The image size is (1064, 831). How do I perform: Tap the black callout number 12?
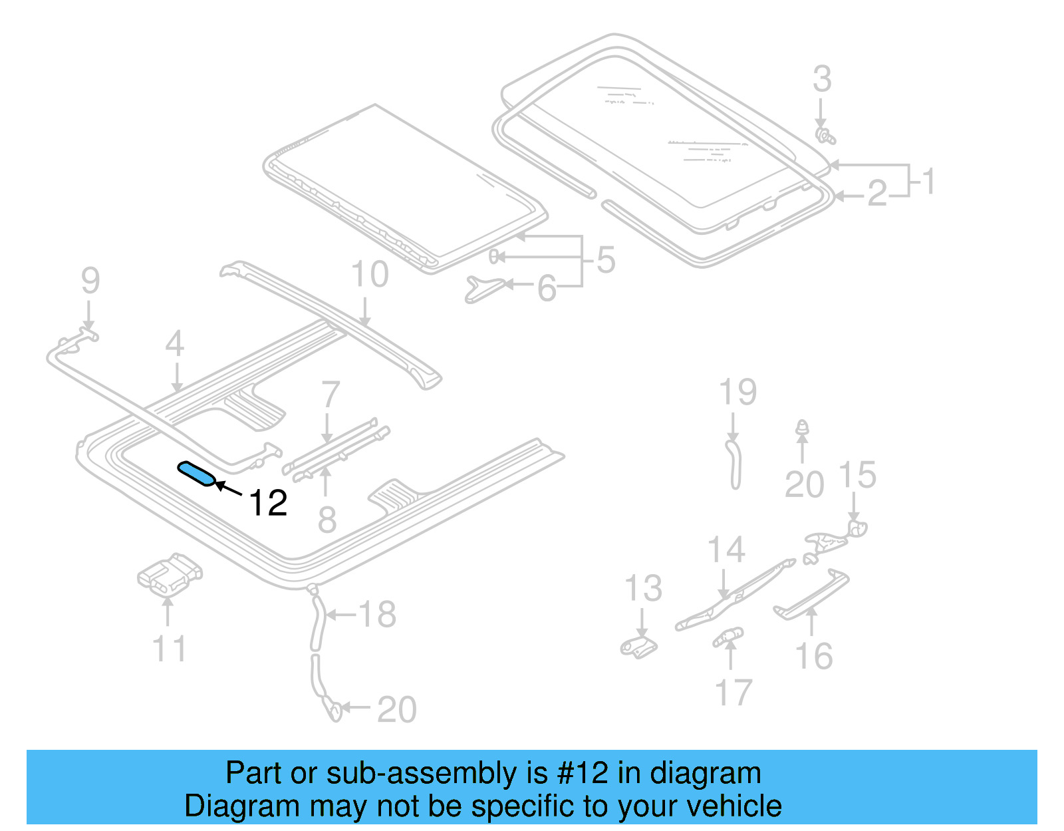click(x=268, y=503)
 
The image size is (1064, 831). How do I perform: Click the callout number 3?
click(x=822, y=79)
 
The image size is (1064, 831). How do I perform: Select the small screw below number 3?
click(x=825, y=136)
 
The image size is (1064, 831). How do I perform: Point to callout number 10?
click(x=370, y=275)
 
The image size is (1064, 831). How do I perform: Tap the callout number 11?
click(x=169, y=649)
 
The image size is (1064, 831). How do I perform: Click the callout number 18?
click(x=377, y=614)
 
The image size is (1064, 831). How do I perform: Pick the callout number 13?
click(x=643, y=588)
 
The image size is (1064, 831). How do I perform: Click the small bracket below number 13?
click(x=639, y=647)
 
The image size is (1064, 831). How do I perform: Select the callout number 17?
click(x=733, y=693)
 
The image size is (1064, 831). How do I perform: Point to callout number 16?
click(x=814, y=656)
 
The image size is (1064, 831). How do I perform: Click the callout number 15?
click(x=857, y=475)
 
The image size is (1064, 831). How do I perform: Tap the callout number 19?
click(x=737, y=392)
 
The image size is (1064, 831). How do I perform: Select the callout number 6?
click(x=547, y=289)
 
